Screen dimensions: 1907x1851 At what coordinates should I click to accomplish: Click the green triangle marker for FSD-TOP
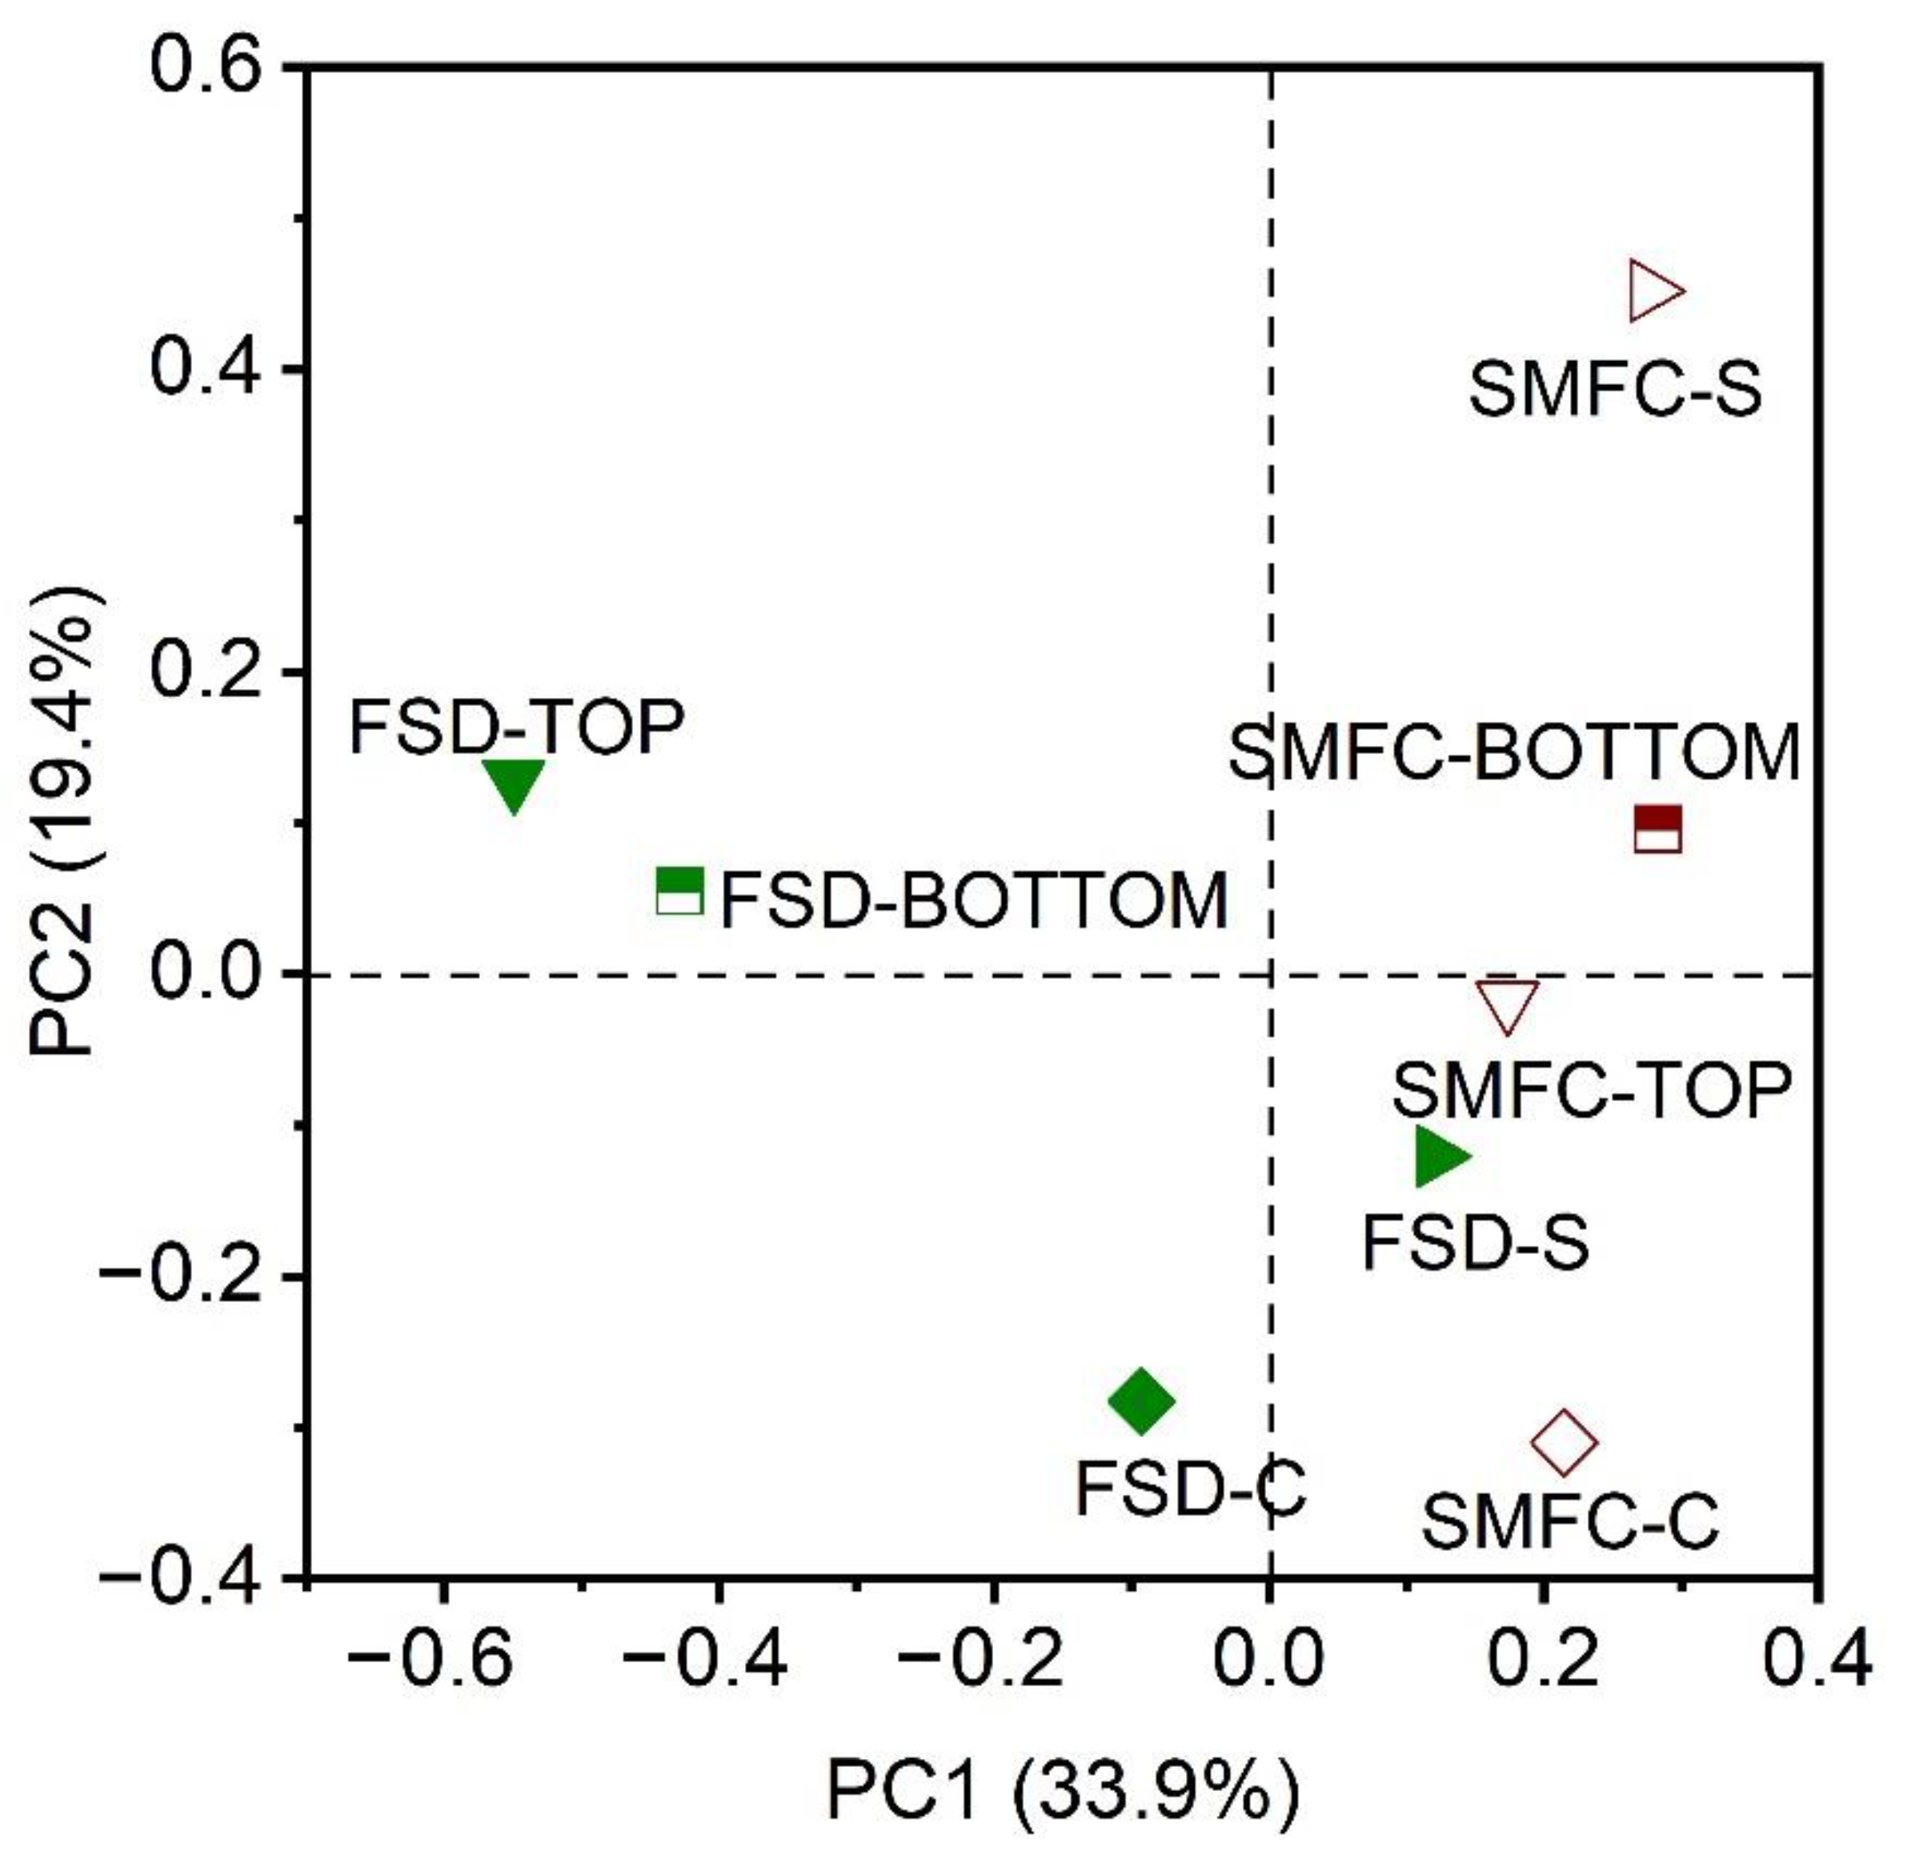[514, 783]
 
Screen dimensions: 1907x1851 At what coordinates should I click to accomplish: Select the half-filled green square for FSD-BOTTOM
[680, 891]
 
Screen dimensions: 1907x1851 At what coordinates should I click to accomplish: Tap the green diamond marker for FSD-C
[1141, 1400]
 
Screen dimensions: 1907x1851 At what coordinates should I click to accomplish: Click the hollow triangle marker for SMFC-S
[1654, 291]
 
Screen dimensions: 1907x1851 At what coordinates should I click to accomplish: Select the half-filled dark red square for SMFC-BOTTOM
[1658, 829]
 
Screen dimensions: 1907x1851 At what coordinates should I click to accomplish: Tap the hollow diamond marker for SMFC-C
[1564, 1443]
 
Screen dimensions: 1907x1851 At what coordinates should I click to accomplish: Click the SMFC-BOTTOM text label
[1514, 754]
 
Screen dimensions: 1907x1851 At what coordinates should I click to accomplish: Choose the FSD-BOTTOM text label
[974, 899]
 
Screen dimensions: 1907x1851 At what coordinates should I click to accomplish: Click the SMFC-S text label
[1615, 391]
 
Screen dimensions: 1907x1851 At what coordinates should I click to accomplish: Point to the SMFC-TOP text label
[1592, 1090]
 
